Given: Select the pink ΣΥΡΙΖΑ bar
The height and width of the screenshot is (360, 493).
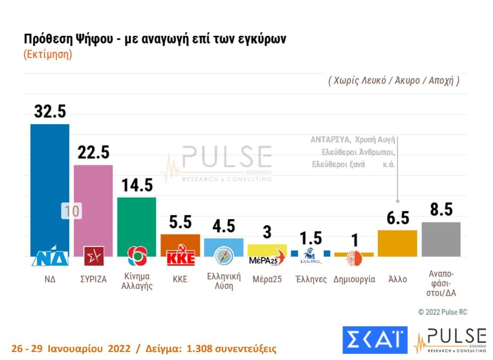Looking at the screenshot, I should [93, 202].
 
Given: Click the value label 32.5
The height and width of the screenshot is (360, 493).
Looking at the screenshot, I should [50, 111].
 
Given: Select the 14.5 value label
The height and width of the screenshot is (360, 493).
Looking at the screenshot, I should [136, 185].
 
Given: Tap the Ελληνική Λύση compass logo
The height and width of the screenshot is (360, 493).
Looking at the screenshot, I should [224, 256].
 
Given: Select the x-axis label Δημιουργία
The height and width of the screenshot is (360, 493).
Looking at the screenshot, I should [354, 279].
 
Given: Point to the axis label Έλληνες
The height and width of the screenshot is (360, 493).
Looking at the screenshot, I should [311, 279].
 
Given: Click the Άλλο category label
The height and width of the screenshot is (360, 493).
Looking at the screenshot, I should [398, 279].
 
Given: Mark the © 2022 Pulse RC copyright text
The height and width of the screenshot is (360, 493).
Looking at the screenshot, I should [443, 312].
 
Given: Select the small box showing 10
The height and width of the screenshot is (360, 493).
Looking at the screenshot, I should [72, 211].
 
